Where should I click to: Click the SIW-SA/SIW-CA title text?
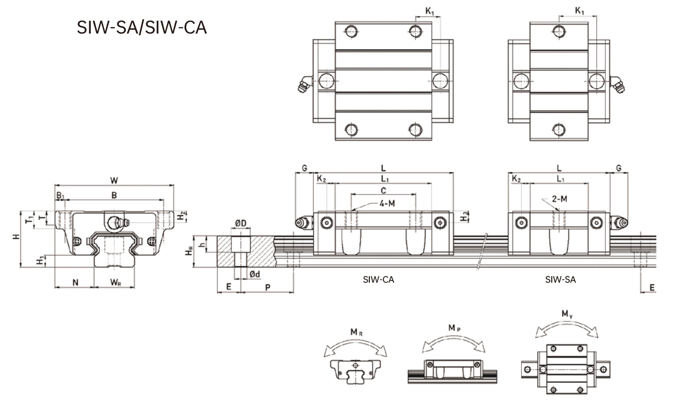142,27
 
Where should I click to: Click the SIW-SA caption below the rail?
560,280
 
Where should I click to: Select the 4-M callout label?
386,203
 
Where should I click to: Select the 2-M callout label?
560,199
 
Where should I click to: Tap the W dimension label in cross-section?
114,180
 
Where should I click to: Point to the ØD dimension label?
241,223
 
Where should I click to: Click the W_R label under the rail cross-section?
116,283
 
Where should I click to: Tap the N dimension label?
75,283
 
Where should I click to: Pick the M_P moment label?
454,328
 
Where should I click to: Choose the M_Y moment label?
566,314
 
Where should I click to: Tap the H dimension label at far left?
15,238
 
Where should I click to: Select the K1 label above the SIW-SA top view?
579,10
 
